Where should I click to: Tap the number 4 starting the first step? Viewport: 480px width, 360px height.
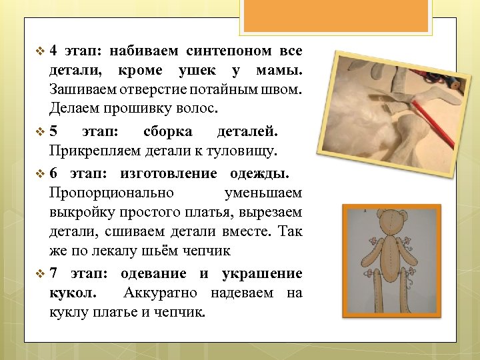[53, 51]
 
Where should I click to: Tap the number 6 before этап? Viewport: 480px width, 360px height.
[53, 174]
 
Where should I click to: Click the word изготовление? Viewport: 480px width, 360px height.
[169, 174]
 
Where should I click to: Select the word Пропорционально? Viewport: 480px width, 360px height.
[111, 193]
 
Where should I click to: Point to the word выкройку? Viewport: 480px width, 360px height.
[76, 213]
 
